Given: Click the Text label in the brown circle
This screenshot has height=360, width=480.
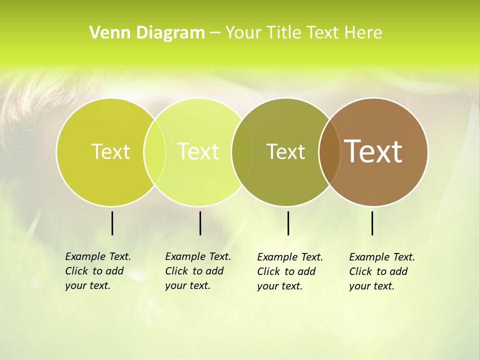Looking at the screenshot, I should (373, 151).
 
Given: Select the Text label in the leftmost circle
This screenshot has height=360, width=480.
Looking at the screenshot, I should (110, 151).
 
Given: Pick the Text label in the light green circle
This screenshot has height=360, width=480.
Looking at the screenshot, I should (198, 151).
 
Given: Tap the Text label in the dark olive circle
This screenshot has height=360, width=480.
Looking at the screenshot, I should (285, 151).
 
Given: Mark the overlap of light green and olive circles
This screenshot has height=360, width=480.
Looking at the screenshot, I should (242, 151).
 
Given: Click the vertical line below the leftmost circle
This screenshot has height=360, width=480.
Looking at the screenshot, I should (112, 223).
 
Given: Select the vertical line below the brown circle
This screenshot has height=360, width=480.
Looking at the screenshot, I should (372, 223).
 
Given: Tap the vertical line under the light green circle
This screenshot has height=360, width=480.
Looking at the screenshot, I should (200, 223).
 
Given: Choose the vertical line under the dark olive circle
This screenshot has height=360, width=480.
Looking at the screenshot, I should (288, 223).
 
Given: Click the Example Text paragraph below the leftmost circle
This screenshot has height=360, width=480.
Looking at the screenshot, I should (97, 271).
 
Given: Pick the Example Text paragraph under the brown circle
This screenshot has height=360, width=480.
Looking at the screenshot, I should (381, 271).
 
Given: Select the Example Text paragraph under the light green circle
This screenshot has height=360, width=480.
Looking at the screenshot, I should (197, 271).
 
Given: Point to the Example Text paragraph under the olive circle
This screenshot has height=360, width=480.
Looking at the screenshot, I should (289, 271).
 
